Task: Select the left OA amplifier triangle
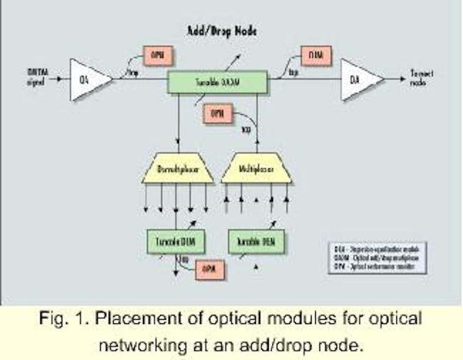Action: click(x=88, y=79)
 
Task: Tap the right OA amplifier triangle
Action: click(x=359, y=79)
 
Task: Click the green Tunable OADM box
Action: click(x=217, y=82)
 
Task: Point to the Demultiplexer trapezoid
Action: click(x=177, y=171)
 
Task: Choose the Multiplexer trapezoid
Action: click(x=256, y=171)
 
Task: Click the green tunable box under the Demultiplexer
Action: click(x=175, y=241)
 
